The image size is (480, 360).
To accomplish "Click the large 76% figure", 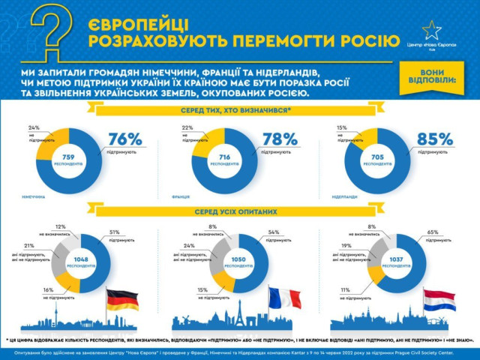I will pos(124,139).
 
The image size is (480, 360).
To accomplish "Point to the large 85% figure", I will pos(436,139).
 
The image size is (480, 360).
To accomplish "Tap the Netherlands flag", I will pos(439,300).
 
